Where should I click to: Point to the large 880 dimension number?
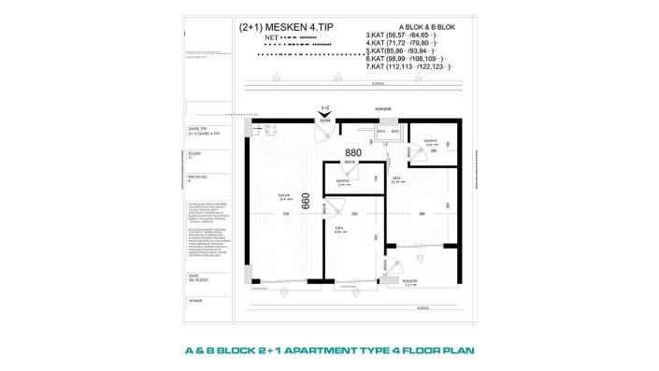(x=352, y=152)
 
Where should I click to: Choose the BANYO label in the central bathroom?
(x=344, y=181)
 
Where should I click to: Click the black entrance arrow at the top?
(x=324, y=115)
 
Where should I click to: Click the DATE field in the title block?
(x=194, y=277)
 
